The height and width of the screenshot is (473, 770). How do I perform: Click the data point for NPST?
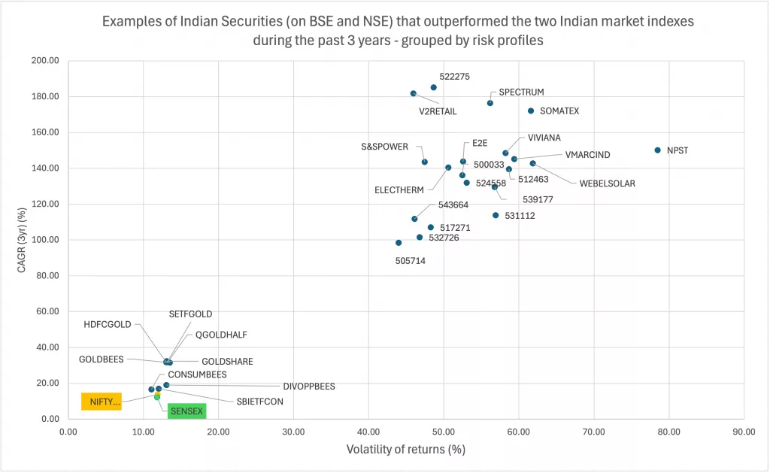[657, 150]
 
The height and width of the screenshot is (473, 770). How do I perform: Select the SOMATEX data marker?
[531, 111]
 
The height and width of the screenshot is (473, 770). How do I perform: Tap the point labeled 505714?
[399, 243]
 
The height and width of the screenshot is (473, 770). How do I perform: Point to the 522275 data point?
[433, 87]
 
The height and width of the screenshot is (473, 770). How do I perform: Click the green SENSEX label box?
[186, 411]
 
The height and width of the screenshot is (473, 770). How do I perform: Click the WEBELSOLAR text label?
[607, 183]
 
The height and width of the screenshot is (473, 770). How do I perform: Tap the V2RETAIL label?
[438, 111]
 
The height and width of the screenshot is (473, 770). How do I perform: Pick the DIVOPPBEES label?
[309, 387]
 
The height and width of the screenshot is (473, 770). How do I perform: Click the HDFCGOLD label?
[108, 325]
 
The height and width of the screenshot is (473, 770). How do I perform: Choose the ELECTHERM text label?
[399, 190]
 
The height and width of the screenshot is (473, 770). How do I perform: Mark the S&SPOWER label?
[384, 147]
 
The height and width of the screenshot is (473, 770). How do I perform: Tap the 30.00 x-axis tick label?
[293, 432]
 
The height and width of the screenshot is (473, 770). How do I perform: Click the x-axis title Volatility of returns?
[406, 450]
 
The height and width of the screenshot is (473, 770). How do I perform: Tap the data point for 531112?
[496, 215]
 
